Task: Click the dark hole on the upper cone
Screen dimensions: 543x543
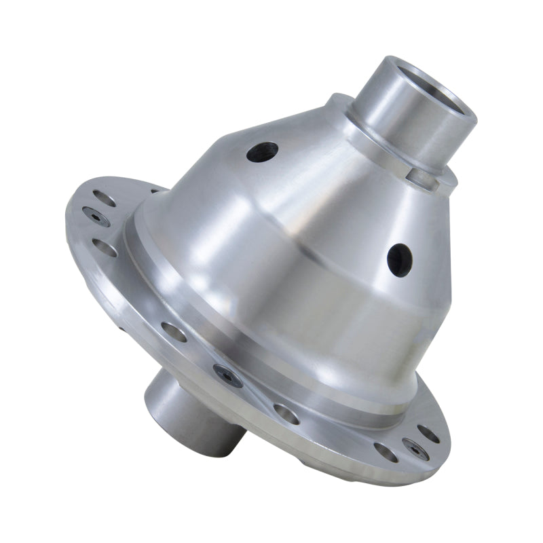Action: [x=262, y=151]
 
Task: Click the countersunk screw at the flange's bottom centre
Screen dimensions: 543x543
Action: [x=228, y=376]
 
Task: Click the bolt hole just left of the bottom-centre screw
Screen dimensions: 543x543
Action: [x=173, y=332]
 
